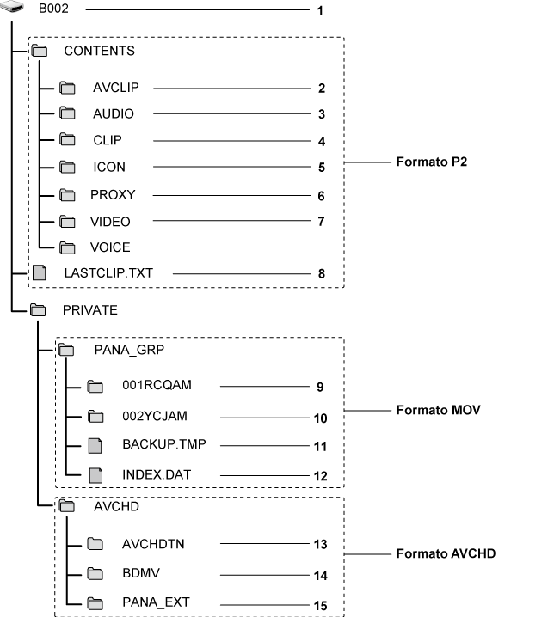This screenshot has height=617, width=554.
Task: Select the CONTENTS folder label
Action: pyautogui.click(x=99, y=51)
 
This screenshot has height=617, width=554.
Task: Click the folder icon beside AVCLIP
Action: pyautogui.click(x=69, y=88)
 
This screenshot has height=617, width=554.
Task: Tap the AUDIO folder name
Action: pyautogui.click(x=114, y=113)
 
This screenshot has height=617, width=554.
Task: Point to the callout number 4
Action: pyautogui.click(x=321, y=142)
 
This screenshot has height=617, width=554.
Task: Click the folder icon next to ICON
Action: pyautogui.click(x=69, y=168)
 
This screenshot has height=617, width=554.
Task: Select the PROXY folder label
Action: pyautogui.click(x=113, y=195)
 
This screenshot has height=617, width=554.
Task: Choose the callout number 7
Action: pyautogui.click(x=321, y=223)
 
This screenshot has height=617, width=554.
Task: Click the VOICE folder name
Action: pyautogui.click(x=110, y=247)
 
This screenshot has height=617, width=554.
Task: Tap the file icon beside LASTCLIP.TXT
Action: pyautogui.click(x=38, y=273)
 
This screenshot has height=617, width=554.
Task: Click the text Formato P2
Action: pyautogui.click(x=429, y=161)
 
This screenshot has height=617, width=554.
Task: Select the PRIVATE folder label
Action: pyautogui.click(x=89, y=309)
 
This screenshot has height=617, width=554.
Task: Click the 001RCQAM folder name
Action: pyautogui.click(x=157, y=386)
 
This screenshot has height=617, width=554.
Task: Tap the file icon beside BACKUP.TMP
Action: pyautogui.click(x=96, y=445)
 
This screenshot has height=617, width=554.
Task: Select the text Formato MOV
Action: pyautogui.click(x=437, y=411)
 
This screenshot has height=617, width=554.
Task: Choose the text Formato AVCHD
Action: pyautogui.click(x=445, y=554)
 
